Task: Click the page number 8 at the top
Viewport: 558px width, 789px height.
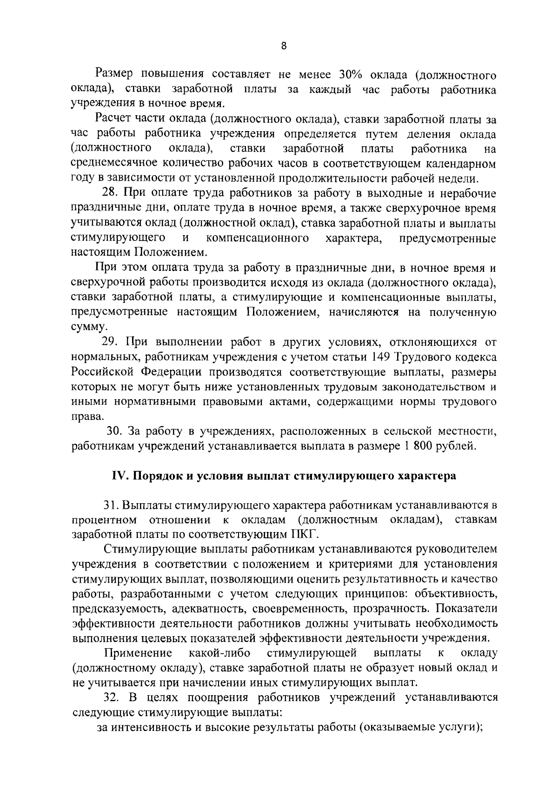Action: tap(284, 46)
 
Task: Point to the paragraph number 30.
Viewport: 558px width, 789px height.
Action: tap(114, 432)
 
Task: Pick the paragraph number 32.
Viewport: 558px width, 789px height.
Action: tap(112, 697)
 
